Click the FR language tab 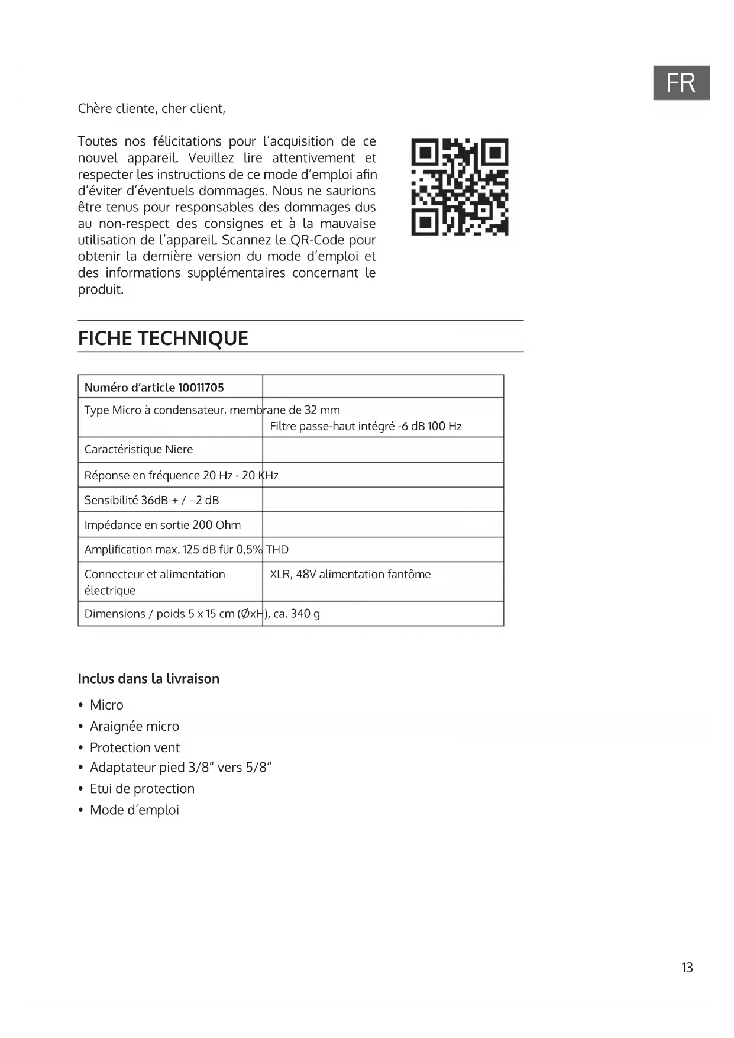click(x=681, y=83)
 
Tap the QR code click(x=460, y=187)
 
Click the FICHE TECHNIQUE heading click(x=163, y=338)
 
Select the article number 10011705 click(x=201, y=388)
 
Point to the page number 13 click(x=687, y=968)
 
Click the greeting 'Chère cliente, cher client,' click(x=151, y=109)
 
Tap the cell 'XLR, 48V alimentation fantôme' click(x=350, y=574)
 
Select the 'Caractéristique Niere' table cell click(x=138, y=449)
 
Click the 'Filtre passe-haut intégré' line click(x=366, y=426)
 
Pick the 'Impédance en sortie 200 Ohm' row click(x=163, y=525)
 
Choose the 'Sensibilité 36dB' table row click(x=151, y=500)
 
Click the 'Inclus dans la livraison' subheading click(x=148, y=679)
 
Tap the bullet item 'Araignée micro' click(x=134, y=726)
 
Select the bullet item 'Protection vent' click(x=135, y=747)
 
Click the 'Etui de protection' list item click(x=142, y=789)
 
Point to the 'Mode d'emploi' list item click(x=134, y=810)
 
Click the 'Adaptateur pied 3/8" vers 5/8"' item click(x=180, y=768)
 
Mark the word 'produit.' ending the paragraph click(x=101, y=290)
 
